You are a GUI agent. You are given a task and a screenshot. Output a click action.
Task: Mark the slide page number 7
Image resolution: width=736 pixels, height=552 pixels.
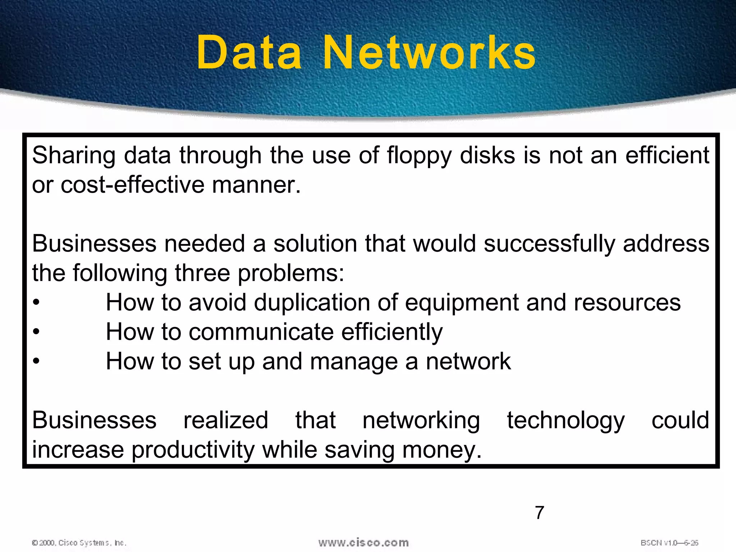(539, 512)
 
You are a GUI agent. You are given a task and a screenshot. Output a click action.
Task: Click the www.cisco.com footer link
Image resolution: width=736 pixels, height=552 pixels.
(363, 543)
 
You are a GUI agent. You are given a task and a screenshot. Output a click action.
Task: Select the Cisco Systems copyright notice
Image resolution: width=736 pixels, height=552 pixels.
(79, 543)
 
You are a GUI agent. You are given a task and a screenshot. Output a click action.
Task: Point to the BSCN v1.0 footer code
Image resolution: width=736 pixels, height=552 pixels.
(669, 543)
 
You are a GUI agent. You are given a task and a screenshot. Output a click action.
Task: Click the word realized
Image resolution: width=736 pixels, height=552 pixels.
(226, 420)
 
